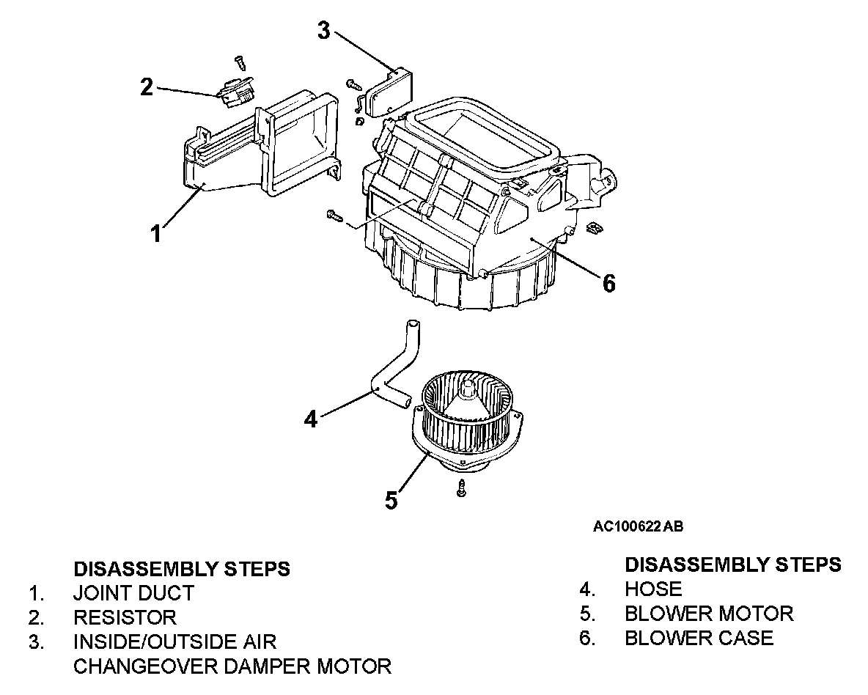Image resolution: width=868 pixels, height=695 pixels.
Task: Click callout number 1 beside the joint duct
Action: [x=155, y=233]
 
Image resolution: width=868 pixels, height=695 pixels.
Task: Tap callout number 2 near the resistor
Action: [x=147, y=87]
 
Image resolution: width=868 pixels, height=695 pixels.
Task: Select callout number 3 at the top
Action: [x=324, y=30]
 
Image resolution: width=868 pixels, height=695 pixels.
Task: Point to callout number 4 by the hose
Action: [x=311, y=418]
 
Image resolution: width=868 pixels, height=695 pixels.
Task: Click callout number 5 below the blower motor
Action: [x=391, y=500]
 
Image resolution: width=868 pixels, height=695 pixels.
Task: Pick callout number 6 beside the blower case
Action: [x=608, y=282]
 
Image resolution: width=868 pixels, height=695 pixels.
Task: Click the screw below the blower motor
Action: [x=460, y=488]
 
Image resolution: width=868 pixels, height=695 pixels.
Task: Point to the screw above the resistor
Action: [x=239, y=62]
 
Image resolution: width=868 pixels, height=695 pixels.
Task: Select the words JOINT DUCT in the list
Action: [x=133, y=592]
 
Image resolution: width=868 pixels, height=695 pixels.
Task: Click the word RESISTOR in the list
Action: [x=125, y=617]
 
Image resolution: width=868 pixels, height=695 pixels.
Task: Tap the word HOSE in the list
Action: [x=653, y=589]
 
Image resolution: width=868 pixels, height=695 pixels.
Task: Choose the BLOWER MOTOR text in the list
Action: [x=709, y=614]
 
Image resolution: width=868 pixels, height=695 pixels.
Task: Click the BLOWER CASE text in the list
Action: [x=699, y=638]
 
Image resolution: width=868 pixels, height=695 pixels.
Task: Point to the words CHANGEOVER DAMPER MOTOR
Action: [x=232, y=666]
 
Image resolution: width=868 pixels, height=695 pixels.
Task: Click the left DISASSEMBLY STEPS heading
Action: [x=182, y=568]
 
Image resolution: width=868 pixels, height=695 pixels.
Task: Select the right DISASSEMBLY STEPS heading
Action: [x=732, y=565]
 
